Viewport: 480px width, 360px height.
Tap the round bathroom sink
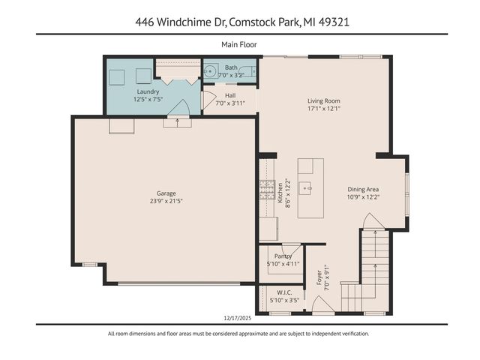[x=210, y=71]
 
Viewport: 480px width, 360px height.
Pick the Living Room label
[x=324, y=100]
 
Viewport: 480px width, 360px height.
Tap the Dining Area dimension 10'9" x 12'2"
[x=364, y=197]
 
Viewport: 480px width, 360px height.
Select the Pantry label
[x=283, y=256]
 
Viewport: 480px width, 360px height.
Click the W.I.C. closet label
[x=284, y=292]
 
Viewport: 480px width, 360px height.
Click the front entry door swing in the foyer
[x=322, y=304]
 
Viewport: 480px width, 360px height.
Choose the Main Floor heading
[x=239, y=44]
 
